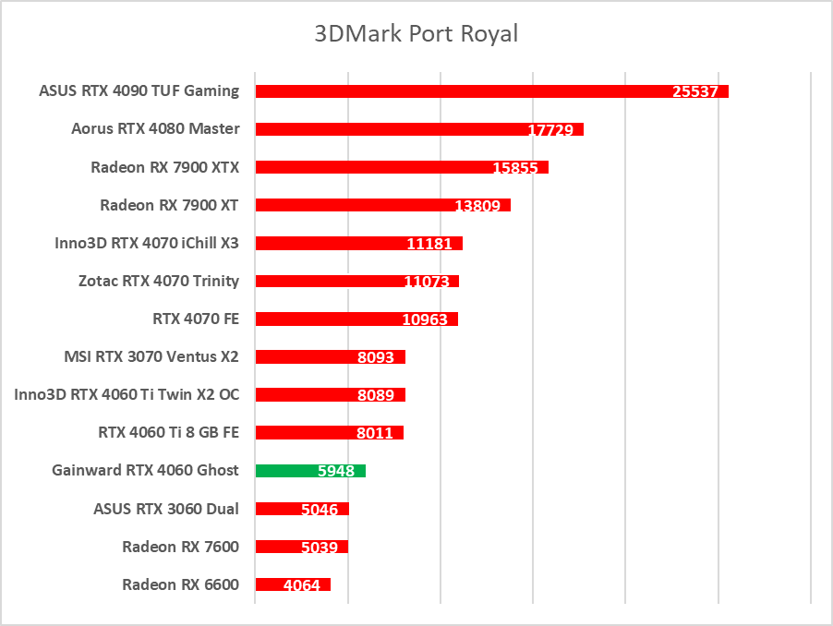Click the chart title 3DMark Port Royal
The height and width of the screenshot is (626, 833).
click(x=416, y=34)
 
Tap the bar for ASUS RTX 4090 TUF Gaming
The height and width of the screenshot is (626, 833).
click(x=462, y=90)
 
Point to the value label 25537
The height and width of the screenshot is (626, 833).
click(x=695, y=91)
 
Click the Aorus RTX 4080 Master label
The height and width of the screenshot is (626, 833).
click(x=155, y=128)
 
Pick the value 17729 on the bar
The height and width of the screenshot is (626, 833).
click(x=550, y=130)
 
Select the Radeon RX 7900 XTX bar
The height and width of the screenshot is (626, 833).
click(x=369, y=167)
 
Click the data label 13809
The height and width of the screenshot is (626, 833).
click(x=477, y=206)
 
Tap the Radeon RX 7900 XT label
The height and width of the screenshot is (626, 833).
click(x=169, y=204)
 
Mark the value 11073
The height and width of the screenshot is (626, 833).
click(x=427, y=282)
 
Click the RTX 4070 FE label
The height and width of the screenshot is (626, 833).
click(x=196, y=319)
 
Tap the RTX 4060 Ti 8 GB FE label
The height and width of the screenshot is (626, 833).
click(x=168, y=432)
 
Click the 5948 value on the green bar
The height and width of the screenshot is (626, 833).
click(x=336, y=471)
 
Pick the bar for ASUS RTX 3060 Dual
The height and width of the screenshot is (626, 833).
click(x=277, y=509)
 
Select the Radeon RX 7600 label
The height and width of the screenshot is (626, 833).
click(x=180, y=547)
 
